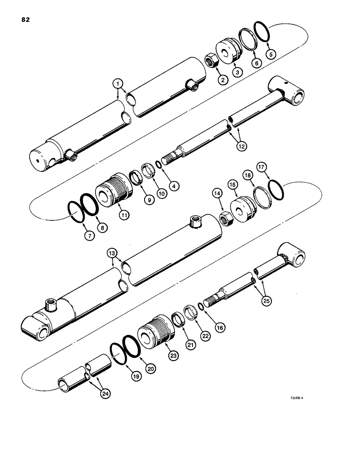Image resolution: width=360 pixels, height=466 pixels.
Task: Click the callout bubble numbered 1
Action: tap(118, 84)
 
